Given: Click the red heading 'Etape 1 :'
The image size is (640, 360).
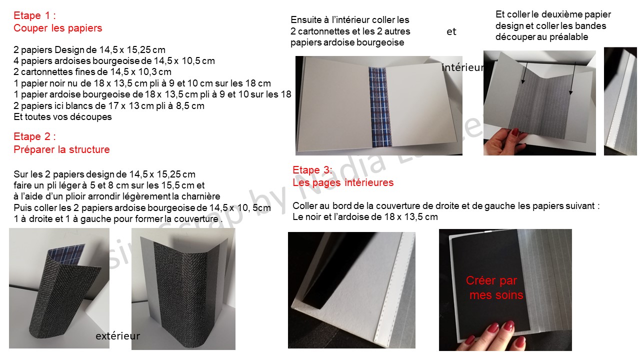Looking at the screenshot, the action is coord(34,15).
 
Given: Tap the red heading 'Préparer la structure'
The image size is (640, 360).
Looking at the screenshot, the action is coord(61,149).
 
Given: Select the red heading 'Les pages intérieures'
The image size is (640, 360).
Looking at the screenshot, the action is coord(343,182).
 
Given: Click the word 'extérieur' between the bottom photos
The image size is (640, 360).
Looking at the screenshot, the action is coord(117,336).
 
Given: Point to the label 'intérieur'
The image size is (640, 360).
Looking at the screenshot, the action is coord(463,67).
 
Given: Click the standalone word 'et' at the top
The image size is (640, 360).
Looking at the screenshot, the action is coord(451,31).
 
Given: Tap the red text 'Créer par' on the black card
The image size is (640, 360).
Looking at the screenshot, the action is coord(491,280).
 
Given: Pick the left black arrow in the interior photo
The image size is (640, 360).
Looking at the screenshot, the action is coord(524,73).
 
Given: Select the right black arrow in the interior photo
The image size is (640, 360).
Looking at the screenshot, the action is coord(572,78).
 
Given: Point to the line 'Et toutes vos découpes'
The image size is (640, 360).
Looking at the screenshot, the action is coord(62,117).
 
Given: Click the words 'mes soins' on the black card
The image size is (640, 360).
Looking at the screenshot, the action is coord(496,295).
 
